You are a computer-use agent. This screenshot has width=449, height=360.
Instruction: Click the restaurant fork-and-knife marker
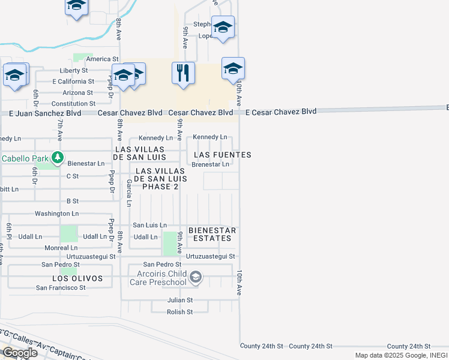tap(184, 73)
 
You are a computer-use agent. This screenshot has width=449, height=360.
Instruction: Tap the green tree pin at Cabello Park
tap(58, 158)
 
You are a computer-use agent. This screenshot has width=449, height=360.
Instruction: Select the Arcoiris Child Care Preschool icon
tap(196, 277)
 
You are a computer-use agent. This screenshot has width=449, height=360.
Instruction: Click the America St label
tap(102, 59)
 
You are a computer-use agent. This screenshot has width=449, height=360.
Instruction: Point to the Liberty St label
tap(74, 70)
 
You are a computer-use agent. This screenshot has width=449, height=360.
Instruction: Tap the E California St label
tap(73, 82)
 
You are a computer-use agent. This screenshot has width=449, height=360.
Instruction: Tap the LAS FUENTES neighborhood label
tap(222, 155)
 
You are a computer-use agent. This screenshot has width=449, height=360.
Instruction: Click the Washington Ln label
tap(56, 214)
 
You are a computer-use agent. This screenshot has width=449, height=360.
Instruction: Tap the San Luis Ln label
tap(149, 225)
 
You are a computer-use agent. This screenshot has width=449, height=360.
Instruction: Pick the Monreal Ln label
tap(61, 248)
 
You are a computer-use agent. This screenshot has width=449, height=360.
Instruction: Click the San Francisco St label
tap(61, 288)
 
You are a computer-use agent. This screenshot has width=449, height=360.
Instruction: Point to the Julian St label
tap(180, 300)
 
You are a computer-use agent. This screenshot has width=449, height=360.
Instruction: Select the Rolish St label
tap(179, 312)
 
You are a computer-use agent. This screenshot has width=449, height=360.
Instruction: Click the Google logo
tap(20, 353)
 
